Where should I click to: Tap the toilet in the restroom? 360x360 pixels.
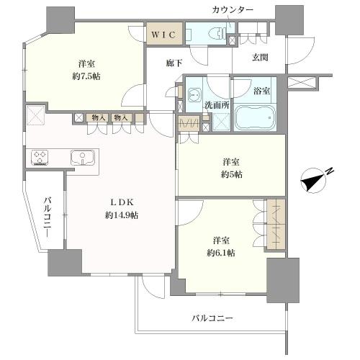[217, 33]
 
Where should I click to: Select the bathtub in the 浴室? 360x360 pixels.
[255, 118]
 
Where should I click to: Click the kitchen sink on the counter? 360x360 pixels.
[83, 158]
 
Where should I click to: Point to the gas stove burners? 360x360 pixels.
[40, 158]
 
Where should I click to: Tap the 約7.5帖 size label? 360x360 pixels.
[86, 76]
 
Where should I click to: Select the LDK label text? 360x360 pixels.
[122, 202]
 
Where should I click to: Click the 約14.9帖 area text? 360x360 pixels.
[122, 215]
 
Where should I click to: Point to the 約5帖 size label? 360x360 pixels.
[232, 174]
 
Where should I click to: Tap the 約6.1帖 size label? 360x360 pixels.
[221, 253]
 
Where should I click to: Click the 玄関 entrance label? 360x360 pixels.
[260, 58]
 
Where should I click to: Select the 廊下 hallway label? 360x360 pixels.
[174, 63]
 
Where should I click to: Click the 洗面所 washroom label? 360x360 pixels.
[217, 105]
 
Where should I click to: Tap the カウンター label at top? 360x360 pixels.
[233, 10]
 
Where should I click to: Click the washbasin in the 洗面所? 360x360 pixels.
[194, 94]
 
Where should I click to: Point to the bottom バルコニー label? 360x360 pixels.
[212, 318]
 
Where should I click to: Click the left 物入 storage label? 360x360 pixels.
[99, 118]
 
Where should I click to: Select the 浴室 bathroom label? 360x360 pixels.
[262, 91]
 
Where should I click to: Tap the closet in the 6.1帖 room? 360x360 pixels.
[276, 225]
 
